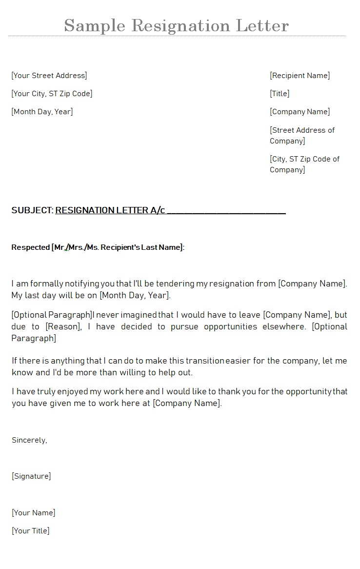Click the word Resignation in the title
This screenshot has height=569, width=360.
181,25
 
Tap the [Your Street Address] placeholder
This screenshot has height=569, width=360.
49,76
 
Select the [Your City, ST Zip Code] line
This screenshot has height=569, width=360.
52,94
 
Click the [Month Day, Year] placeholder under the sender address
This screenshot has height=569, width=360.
42,112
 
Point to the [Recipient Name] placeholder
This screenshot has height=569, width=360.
300,76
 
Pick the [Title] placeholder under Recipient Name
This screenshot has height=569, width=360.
280,94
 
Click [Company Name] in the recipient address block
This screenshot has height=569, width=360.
300,112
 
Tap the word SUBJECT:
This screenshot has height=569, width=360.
32,210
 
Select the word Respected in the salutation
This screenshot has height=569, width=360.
30,247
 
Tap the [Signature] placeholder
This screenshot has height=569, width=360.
31,476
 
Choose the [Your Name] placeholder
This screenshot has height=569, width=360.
33,513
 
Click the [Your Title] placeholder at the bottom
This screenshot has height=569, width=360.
30,531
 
